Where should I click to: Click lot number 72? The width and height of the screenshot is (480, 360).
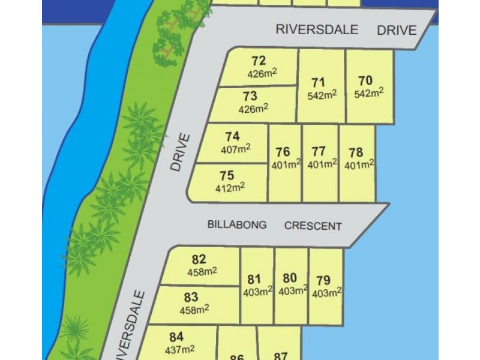[x=259, y=61]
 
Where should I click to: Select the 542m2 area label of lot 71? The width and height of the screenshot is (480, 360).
[x=322, y=95]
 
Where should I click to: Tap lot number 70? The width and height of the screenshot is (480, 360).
[x=365, y=80]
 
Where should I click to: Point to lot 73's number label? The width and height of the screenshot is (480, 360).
[x=250, y=96]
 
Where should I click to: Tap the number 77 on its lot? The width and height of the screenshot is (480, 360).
[x=319, y=151]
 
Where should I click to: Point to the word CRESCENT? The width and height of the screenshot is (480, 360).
[x=313, y=226]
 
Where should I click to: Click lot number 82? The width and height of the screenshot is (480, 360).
[x=199, y=260]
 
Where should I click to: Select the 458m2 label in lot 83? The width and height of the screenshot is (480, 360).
[x=195, y=310]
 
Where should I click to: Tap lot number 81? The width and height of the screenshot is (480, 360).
[x=254, y=279]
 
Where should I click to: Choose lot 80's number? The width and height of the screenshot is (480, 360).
[x=290, y=278]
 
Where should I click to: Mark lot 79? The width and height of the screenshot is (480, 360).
[x=323, y=280]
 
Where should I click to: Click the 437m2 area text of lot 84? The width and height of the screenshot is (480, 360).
[x=179, y=349]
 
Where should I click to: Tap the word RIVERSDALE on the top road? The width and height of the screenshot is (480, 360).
[x=317, y=29]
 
